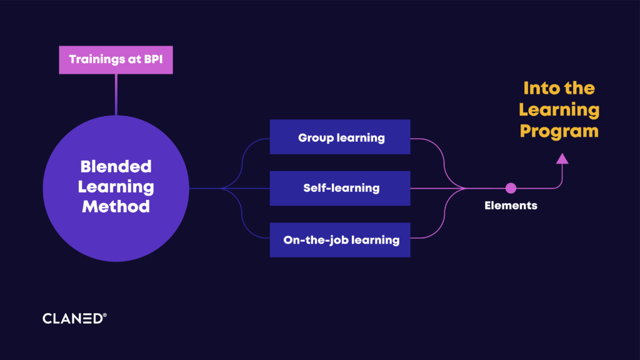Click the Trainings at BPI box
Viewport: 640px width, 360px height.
click(116, 59)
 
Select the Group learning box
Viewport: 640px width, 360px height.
click(340, 137)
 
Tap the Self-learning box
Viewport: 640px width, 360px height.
click(340, 188)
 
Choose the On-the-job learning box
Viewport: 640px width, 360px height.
click(340, 240)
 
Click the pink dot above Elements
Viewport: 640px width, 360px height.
click(511, 188)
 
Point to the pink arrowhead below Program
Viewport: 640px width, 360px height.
click(562, 159)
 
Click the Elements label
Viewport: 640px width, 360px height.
click(511, 205)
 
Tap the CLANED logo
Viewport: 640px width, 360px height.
click(75, 318)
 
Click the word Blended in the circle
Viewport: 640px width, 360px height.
click(116, 166)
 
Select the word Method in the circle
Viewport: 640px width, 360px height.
click(116, 206)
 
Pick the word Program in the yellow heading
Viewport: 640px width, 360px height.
click(559, 131)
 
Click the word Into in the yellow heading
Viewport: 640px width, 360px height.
click(539, 88)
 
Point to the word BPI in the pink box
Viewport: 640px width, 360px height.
click(154, 59)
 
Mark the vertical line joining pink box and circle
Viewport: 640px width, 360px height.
click(116, 95)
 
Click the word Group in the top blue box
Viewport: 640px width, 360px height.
click(316, 138)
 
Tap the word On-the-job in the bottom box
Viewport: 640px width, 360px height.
click(316, 240)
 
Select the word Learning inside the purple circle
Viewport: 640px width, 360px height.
click(116, 187)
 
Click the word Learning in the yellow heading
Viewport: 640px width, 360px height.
click(559, 110)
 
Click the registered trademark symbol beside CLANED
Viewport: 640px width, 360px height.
click(105, 315)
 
